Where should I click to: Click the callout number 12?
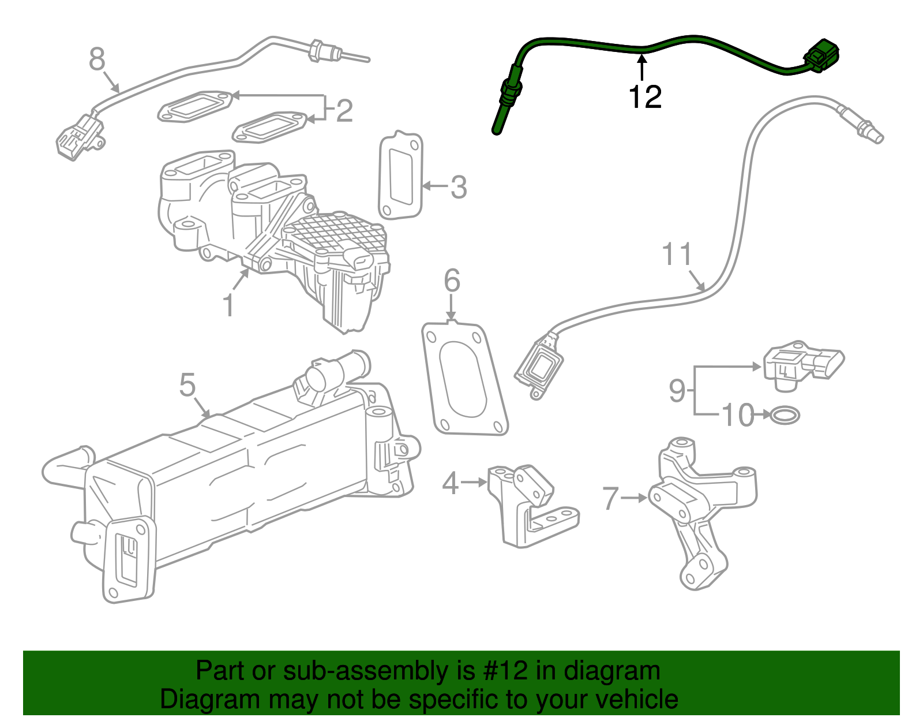(x=644, y=97)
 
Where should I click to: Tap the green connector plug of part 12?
(x=821, y=55)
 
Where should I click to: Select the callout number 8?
(x=97, y=59)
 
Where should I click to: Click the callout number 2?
(x=344, y=110)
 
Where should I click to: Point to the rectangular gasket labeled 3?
(x=401, y=176)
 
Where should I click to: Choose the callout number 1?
(x=228, y=305)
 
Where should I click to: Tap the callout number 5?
(x=187, y=385)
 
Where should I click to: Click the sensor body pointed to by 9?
(x=802, y=365)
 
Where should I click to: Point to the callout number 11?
(x=677, y=255)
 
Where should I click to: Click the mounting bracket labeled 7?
(x=701, y=508)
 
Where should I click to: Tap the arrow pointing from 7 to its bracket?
(x=635, y=498)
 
